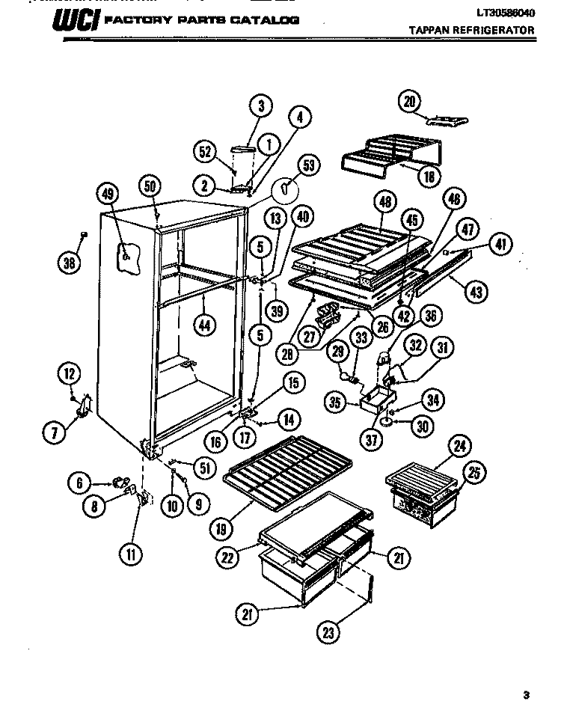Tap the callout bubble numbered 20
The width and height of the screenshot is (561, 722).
tap(409, 102)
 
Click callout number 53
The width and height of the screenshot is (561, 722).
tap(307, 165)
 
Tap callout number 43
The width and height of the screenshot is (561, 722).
tap(474, 293)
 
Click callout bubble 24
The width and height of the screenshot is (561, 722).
tap(458, 448)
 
